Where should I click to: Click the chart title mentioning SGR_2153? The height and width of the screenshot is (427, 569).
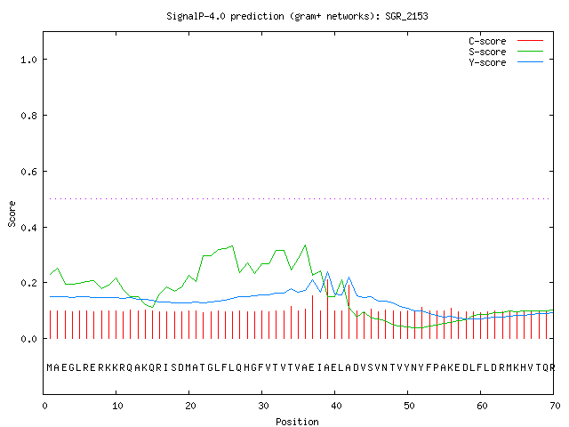297,16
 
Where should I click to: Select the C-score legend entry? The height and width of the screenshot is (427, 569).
506,41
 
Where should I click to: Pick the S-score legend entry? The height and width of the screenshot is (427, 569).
506,52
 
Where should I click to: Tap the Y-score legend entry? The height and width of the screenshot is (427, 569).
506,62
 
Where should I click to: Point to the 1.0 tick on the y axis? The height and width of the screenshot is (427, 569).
28,60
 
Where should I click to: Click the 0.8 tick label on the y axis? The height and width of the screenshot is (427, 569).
28,116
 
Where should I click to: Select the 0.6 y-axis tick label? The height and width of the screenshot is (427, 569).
28,172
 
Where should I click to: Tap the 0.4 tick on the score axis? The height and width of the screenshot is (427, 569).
28,228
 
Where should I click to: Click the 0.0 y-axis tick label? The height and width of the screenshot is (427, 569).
28,339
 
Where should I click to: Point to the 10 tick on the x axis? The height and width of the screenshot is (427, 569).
117,406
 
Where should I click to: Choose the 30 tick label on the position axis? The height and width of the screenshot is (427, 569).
263,406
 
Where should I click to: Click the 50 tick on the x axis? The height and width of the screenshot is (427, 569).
409,406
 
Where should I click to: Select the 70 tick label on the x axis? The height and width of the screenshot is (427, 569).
555,406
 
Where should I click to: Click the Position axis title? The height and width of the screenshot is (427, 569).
297,422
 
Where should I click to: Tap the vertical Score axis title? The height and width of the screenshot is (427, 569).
12,213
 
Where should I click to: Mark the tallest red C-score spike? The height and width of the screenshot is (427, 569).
328,309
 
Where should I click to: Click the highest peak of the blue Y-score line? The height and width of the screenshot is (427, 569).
327,271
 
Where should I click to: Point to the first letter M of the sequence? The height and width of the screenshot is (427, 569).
50,367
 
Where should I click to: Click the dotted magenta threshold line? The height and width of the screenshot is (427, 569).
299,198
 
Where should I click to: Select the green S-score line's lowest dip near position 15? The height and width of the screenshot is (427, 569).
152,307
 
